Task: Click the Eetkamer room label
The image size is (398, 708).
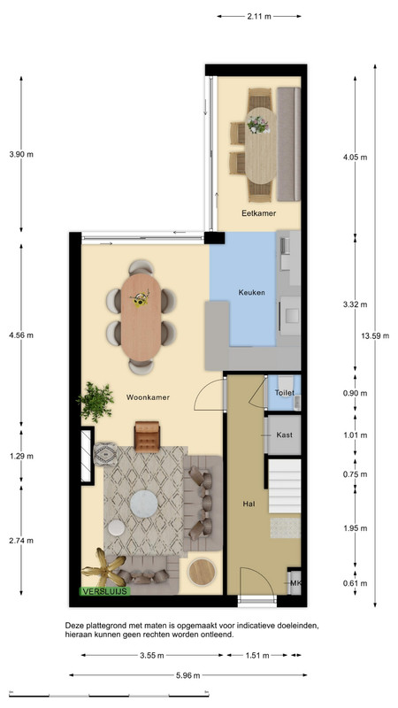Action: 258,213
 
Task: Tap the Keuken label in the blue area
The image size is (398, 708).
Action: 251,293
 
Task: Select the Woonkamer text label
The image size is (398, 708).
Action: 148,397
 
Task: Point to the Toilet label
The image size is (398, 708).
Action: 284,393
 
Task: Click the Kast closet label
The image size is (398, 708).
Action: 284,435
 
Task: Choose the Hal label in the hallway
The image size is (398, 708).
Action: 249,504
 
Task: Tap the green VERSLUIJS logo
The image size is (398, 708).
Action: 105,591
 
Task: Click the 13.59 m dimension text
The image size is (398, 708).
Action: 375,335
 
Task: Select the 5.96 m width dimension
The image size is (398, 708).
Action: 188,675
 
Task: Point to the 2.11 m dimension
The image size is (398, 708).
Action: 259,17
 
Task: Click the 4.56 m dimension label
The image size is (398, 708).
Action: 21,335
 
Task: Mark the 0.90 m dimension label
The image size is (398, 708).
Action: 356,393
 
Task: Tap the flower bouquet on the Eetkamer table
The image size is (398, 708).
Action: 258,125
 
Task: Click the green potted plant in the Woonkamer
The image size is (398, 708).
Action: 96,402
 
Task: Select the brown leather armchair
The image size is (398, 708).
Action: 147,436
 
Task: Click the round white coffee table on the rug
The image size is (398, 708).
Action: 144,504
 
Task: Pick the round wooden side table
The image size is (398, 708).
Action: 202,572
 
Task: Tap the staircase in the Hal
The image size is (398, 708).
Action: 285,486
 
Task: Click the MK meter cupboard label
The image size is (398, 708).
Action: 295,583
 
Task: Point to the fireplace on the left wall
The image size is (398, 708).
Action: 86,455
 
